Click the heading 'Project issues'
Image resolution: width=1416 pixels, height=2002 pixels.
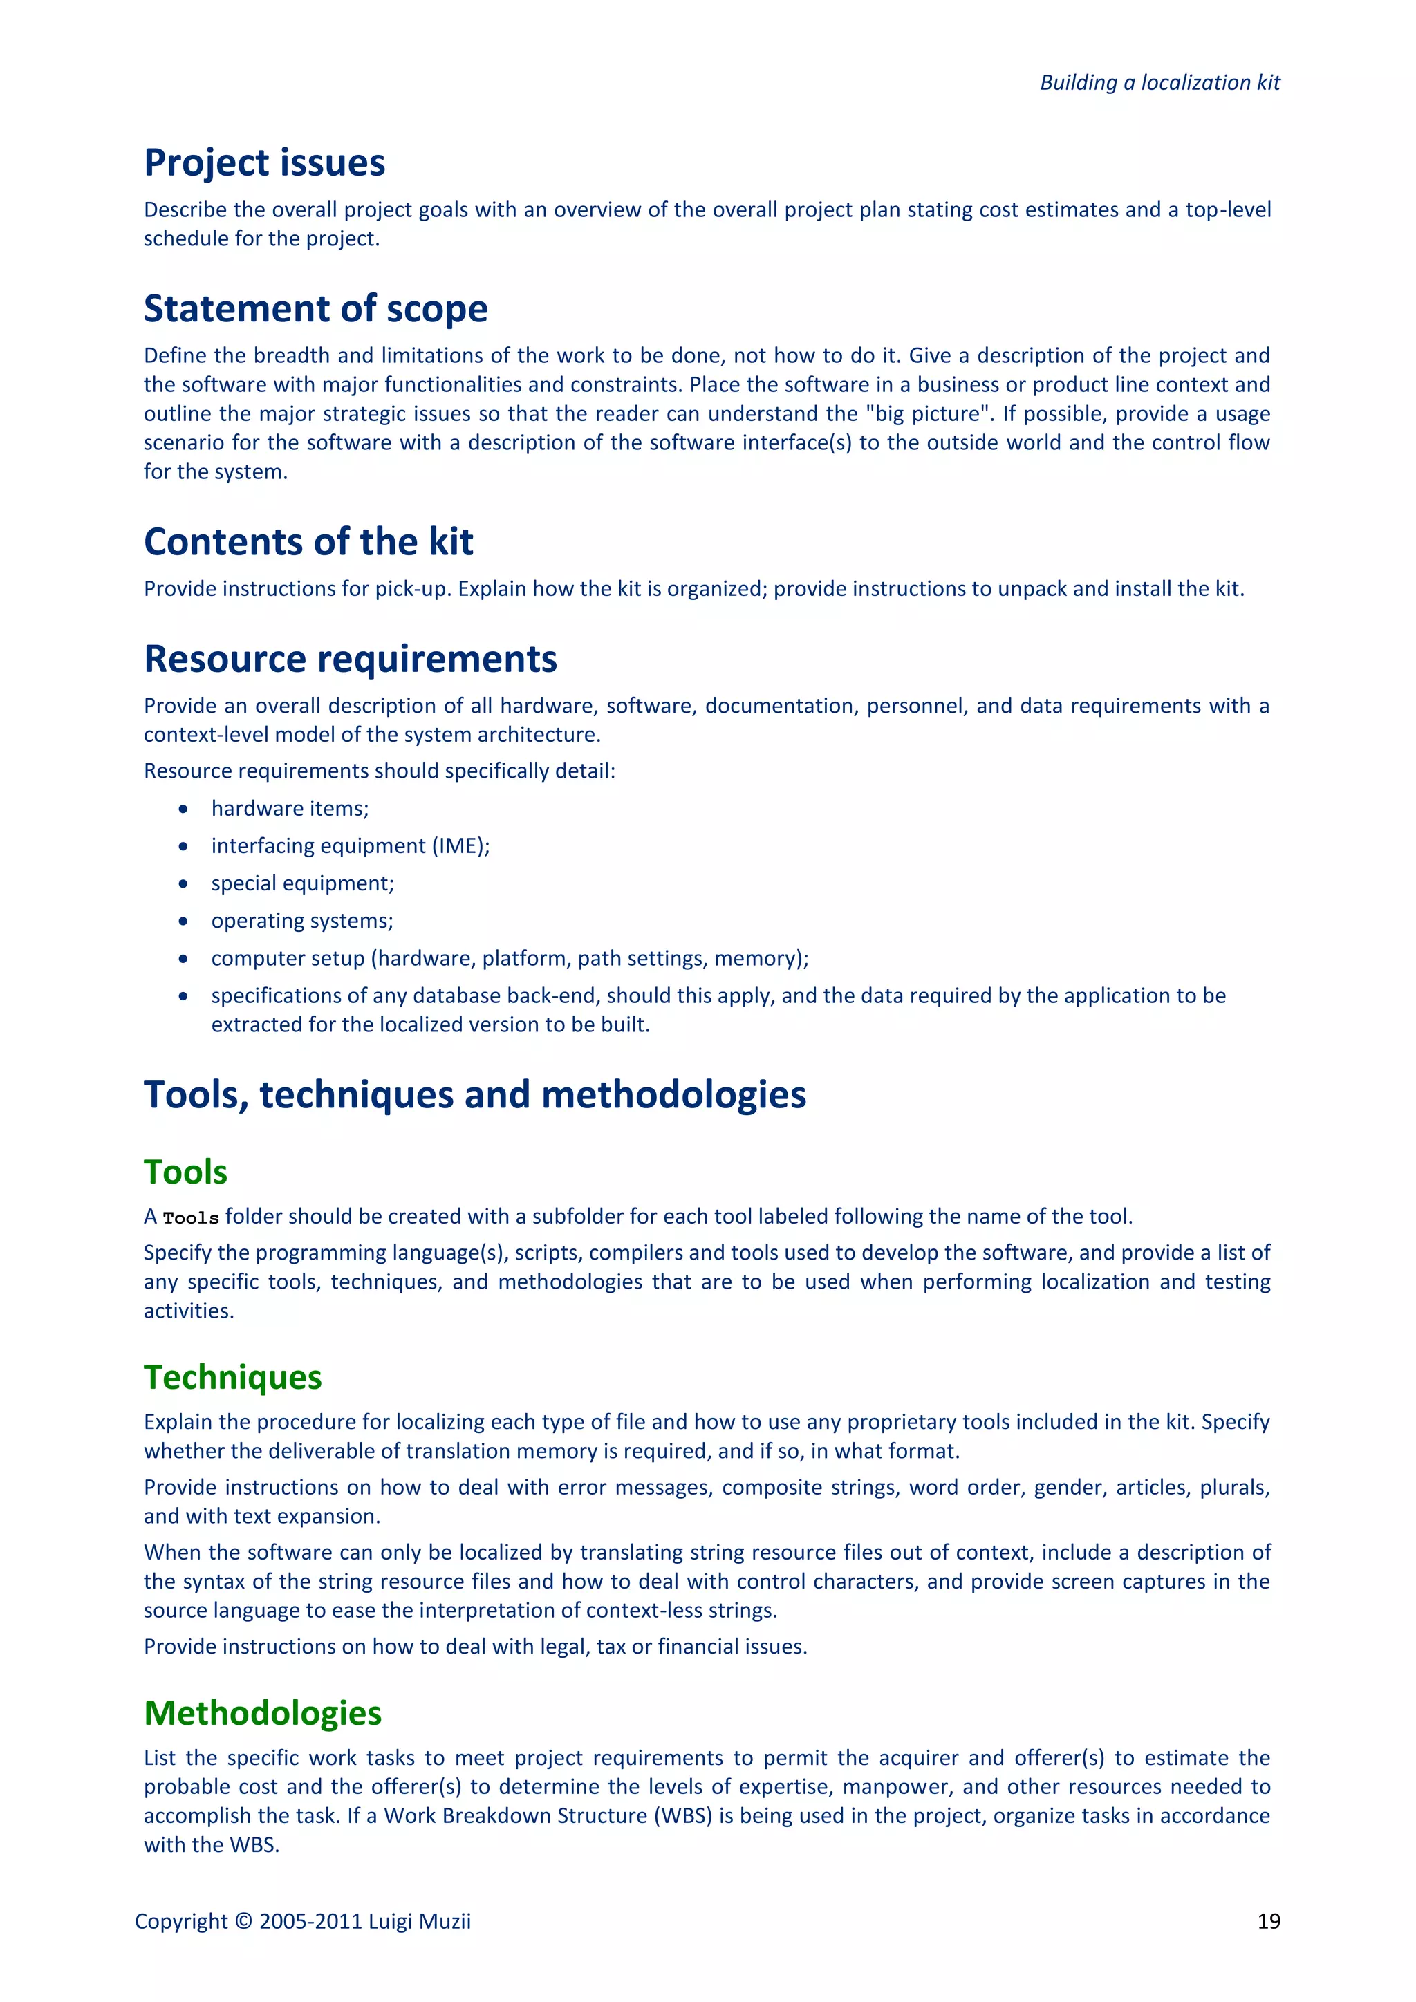tap(264, 163)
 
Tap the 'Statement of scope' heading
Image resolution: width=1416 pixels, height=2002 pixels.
tap(316, 309)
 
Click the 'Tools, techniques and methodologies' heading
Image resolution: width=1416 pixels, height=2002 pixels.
tap(475, 1094)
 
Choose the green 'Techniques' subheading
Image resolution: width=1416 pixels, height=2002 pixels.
tap(233, 1377)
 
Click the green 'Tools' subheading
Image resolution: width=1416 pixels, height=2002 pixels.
tap(186, 1172)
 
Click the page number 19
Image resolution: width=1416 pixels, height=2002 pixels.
tap(1269, 1921)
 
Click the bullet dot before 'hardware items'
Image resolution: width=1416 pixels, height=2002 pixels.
tap(183, 810)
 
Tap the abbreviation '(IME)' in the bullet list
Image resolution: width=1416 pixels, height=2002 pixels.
tap(460, 845)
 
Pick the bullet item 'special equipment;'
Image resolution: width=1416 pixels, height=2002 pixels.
tap(303, 883)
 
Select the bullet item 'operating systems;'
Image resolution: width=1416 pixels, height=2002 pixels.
tap(301, 921)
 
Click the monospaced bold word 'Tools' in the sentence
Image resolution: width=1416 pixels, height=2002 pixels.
tap(191, 1217)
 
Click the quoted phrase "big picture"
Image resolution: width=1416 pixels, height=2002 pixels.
tap(929, 413)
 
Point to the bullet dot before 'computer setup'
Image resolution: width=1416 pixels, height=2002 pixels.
tap(183, 958)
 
